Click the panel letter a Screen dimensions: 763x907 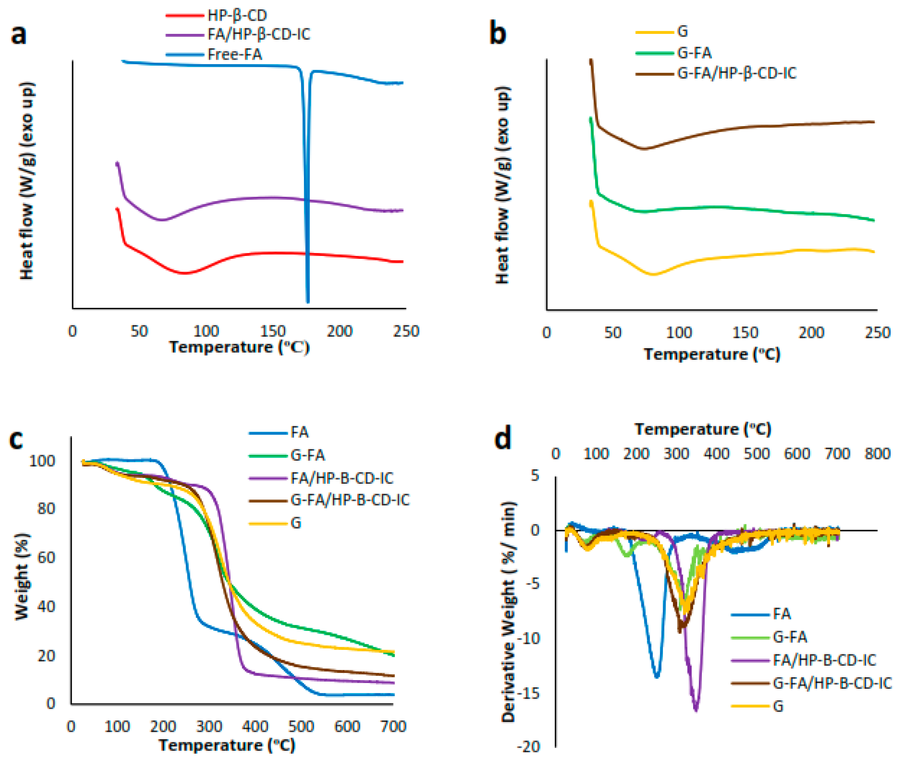(18, 35)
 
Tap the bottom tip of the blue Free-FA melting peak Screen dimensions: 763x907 (308, 302)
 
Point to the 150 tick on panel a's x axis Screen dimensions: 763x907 (272, 331)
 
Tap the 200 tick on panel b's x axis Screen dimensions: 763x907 (811, 333)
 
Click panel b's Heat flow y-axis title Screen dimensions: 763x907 (502, 185)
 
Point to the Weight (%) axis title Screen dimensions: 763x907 (22, 577)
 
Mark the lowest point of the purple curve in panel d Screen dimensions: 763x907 (696, 710)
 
